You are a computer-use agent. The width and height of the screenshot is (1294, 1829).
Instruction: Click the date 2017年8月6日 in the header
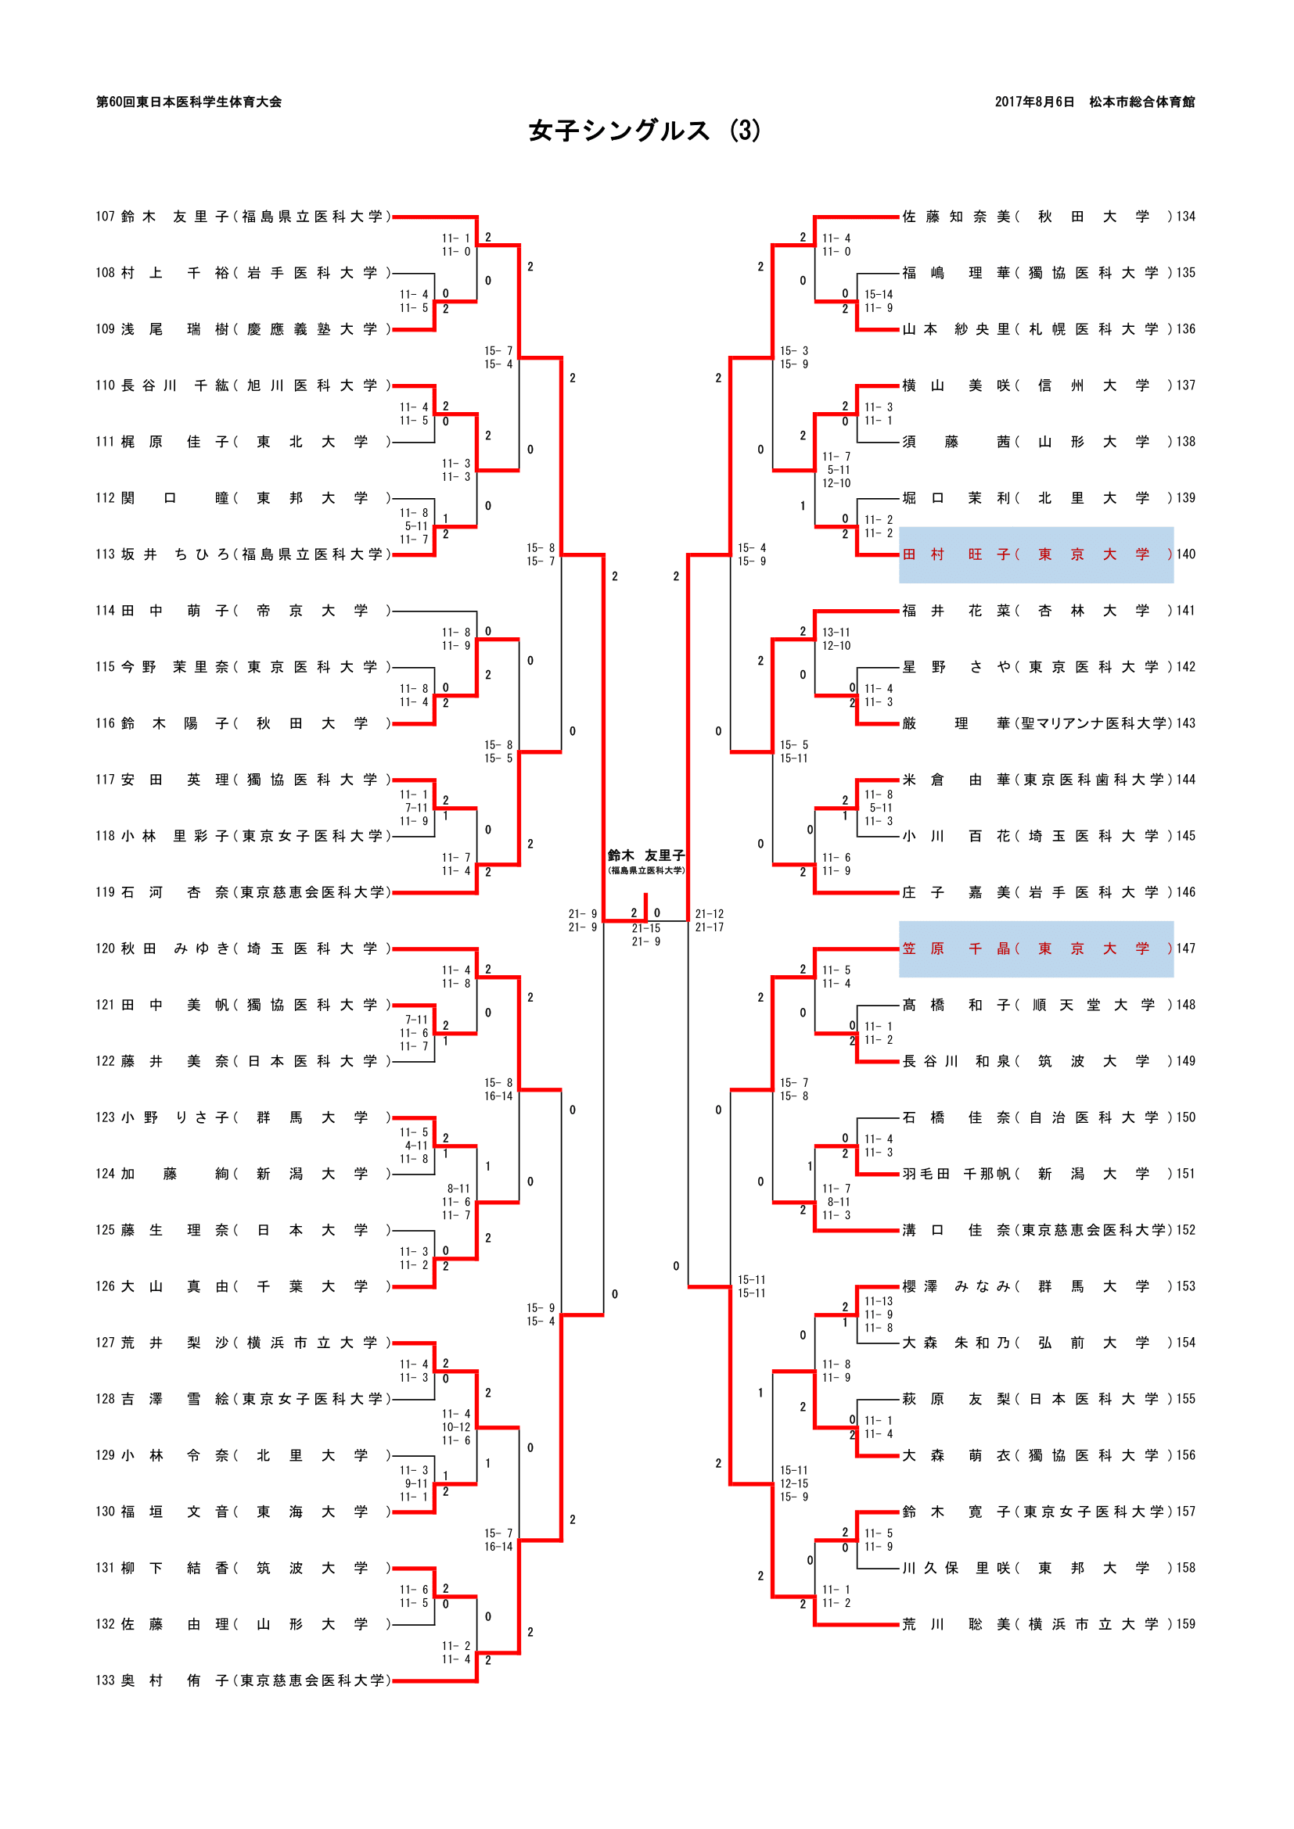(x=1033, y=102)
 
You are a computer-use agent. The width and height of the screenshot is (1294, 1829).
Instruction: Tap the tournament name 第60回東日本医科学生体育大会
(x=189, y=102)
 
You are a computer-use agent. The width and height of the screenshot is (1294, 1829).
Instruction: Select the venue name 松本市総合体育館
(x=1141, y=102)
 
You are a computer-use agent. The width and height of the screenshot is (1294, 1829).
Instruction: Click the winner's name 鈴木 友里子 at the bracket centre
(x=645, y=855)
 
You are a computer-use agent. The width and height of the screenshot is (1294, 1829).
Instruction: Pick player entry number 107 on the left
(x=105, y=217)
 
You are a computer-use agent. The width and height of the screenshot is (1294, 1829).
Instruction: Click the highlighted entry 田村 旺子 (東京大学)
(x=1036, y=554)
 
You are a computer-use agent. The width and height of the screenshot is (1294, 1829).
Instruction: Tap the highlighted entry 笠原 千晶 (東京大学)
(x=1036, y=949)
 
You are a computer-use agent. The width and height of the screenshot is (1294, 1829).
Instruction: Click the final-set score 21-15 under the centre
(x=645, y=929)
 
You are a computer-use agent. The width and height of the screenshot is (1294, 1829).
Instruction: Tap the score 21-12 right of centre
(x=709, y=913)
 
